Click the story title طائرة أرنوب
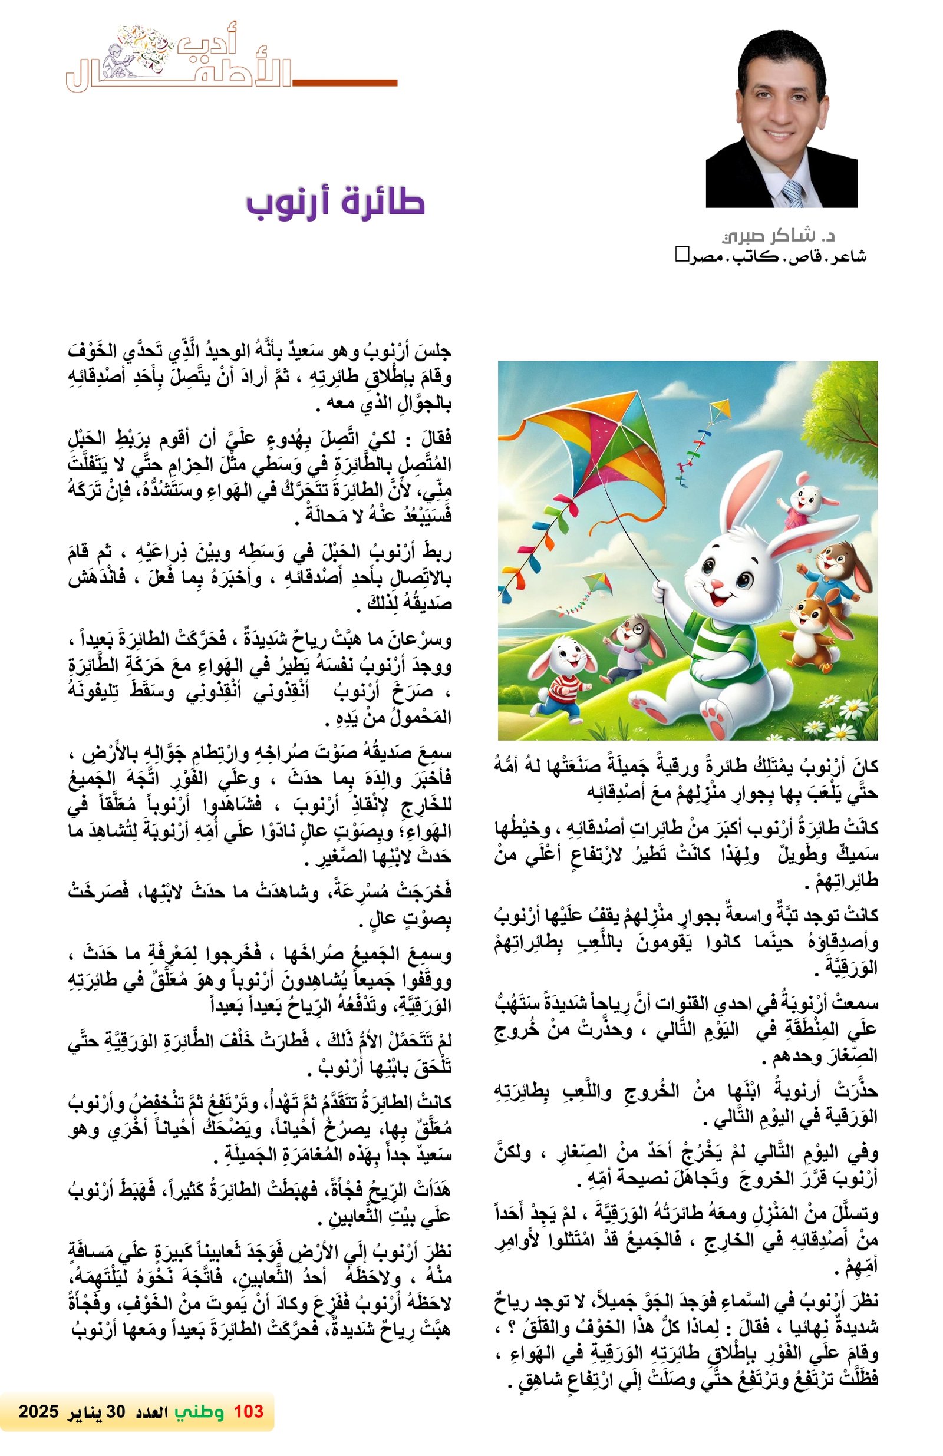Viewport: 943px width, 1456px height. pos(335,203)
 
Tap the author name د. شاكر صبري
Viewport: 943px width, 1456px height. pos(778,236)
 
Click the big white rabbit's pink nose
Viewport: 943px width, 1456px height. pos(717,585)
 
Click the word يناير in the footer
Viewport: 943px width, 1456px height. pos(90,1411)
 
